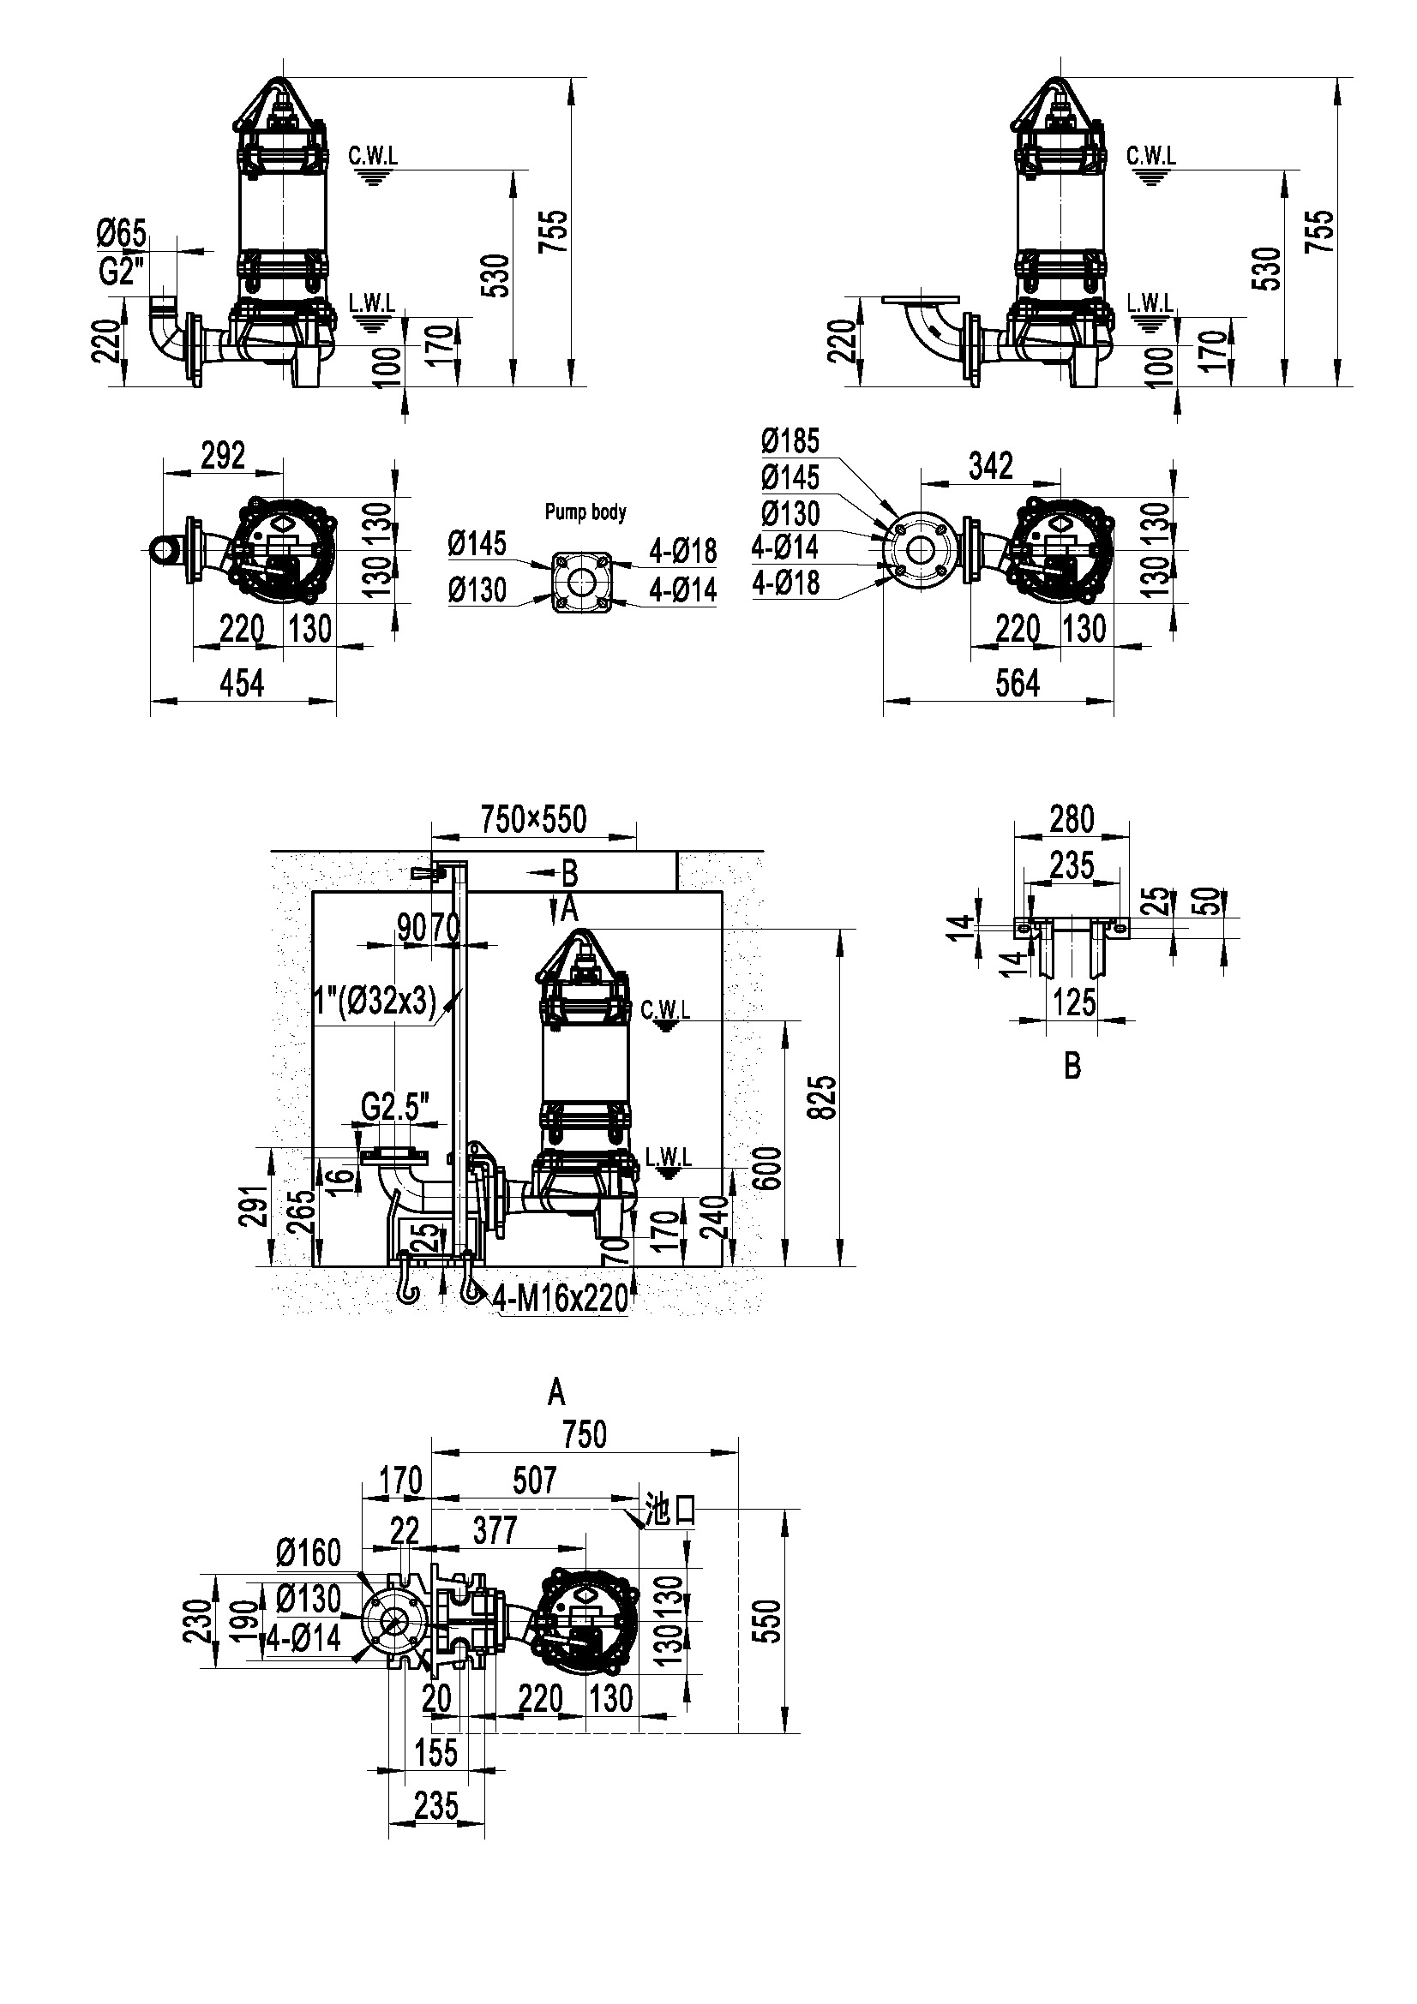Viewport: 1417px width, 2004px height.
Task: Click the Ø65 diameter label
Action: pos(123,234)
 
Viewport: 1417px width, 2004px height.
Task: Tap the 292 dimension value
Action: pos(224,456)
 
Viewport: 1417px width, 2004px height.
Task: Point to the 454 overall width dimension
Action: pos(242,684)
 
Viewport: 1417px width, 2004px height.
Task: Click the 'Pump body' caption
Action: pos(585,511)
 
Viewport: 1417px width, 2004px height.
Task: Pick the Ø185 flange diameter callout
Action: pos(791,440)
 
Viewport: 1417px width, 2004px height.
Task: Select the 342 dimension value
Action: pos(991,466)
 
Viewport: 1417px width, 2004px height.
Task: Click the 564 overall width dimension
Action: pos(1018,684)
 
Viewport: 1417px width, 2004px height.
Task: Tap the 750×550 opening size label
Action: pos(534,820)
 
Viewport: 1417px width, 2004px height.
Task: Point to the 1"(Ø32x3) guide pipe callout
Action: pos(375,1002)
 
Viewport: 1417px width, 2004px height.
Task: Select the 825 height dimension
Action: pos(824,1098)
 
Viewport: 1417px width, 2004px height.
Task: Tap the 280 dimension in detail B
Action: pos(1072,820)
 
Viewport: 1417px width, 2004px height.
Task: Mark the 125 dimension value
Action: pos(1074,1003)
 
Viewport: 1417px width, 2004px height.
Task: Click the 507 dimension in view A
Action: pos(534,1481)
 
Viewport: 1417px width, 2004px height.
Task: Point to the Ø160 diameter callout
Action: pos(309,1553)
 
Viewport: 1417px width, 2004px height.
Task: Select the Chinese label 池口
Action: pos(670,1508)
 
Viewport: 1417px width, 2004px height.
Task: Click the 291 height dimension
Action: pos(253,1206)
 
